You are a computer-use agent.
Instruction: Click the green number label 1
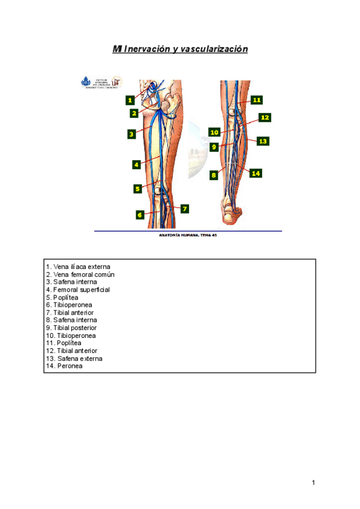pos(130,100)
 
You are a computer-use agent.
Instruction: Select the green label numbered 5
pos(137,188)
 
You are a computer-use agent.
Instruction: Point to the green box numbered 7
pos(184,209)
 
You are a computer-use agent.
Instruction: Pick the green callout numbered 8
pos(213,175)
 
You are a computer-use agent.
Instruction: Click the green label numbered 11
pos(257,100)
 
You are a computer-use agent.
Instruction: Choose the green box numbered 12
pos(265,118)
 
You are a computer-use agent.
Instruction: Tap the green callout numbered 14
pos(256,173)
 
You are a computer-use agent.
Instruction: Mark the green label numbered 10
pos(214,131)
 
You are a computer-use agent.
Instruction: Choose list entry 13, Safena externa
pos(74,358)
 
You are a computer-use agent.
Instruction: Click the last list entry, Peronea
pos(64,366)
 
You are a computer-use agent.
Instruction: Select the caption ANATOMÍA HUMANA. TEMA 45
pos(188,235)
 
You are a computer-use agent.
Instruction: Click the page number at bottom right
pos(313,483)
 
